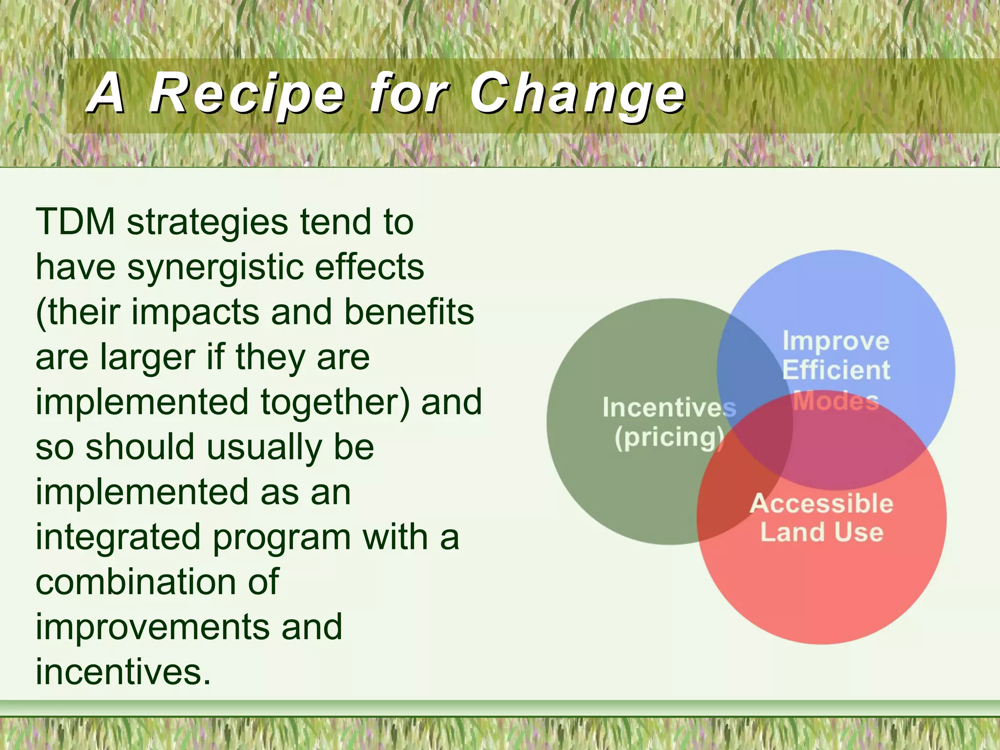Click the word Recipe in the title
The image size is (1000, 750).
click(x=247, y=94)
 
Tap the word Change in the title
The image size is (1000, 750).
click(x=578, y=94)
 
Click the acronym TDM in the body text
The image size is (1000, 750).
click(x=75, y=222)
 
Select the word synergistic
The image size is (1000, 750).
click(x=215, y=268)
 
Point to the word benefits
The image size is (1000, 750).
click(x=409, y=312)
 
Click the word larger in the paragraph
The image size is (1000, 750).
click(x=147, y=357)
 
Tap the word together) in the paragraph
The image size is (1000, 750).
click(x=335, y=402)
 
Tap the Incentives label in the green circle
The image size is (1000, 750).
click(x=669, y=408)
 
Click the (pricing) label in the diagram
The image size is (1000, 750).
click(x=669, y=437)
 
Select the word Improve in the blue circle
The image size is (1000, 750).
click(x=836, y=341)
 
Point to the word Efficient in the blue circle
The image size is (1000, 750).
click(x=836, y=370)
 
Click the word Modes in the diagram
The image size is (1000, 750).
click(x=836, y=401)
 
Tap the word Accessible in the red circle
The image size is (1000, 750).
click(x=821, y=503)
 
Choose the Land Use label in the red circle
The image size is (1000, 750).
click(x=821, y=532)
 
